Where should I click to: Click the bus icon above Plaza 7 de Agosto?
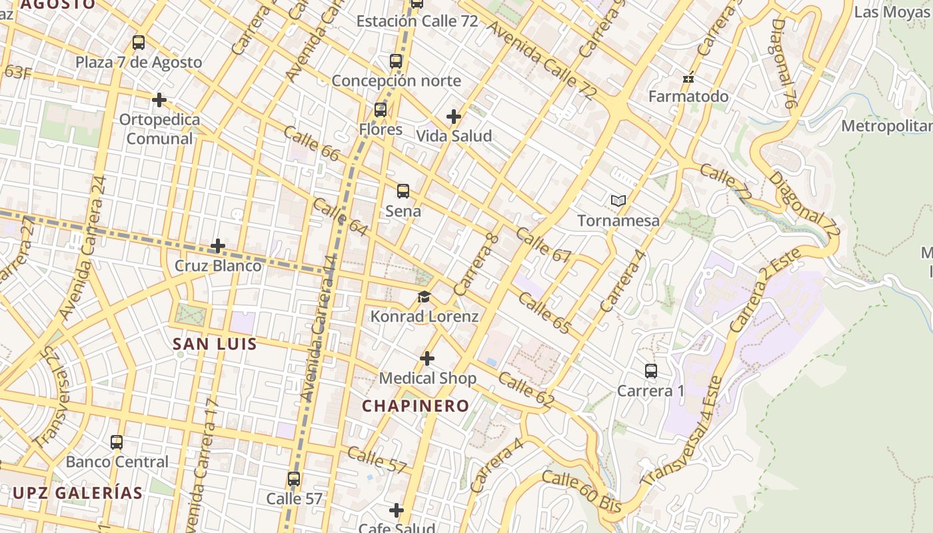click(139, 43)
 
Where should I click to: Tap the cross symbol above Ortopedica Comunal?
click(159, 100)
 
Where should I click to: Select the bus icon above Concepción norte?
click(396, 61)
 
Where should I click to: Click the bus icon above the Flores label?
click(381, 110)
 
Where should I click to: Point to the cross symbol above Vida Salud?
click(454, 117)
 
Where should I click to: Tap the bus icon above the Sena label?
click(403, 191)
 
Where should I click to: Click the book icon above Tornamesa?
click(618, 201)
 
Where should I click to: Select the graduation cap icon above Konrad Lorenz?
click(425, 296)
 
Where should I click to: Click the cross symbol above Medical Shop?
click(427, 359)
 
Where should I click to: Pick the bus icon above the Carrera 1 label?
click(651, 371)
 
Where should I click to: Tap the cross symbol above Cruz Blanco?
click(218, 246)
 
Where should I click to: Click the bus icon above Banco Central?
click(117, 442)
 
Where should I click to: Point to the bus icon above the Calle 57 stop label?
click(294, 479)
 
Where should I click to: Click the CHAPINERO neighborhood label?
click(416, 406)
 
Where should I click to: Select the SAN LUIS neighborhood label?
click(215, 344)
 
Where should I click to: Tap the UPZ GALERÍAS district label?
click(77, 493)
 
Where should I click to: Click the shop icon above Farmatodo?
click(688, 78)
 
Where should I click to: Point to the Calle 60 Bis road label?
click(582, 492)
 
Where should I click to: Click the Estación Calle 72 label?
click(417, 21)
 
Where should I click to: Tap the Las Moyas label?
click(892, 12)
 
